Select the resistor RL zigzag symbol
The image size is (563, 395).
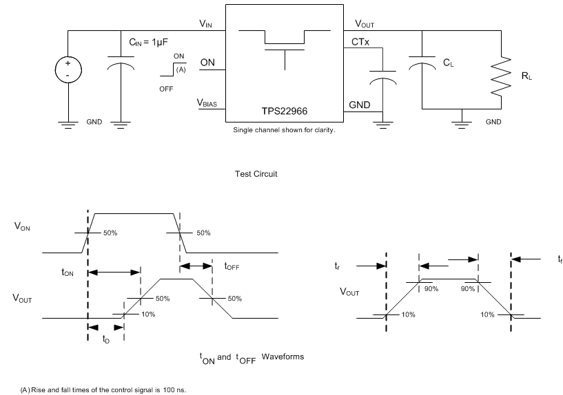click(x=502, y=77)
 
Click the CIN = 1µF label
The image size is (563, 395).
click(x=154, y=43)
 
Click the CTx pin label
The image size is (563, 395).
click(x=360, y=43)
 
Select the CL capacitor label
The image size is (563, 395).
click(x=448, y=63)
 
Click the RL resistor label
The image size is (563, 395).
click(x=527, y=77)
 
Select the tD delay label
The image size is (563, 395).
click(x=105, y=339)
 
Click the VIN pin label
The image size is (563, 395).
click(x=206, y=23)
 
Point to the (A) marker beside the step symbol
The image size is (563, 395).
click(x=181, y=70)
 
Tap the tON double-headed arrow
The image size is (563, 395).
click(x=114, y=273)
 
